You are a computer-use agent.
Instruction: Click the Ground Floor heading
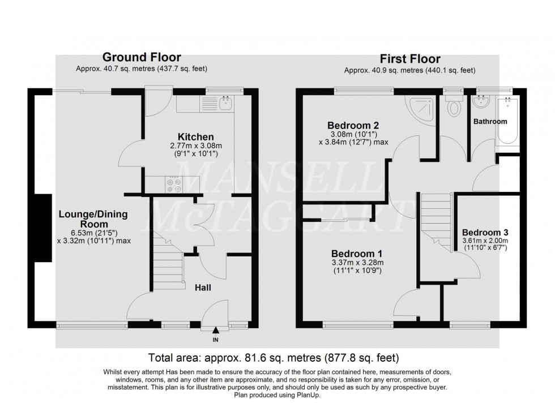pos(142,57)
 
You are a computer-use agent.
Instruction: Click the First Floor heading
pos(409,59)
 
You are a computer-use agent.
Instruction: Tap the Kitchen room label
pos(196,137)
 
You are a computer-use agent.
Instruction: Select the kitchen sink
pos(227,102)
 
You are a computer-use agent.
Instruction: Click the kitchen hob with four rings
pos(173,183)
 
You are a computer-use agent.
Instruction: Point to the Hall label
pos(203,288)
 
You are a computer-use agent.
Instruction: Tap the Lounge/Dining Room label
pos(93,220)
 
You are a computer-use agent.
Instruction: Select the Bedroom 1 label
pos(353,253)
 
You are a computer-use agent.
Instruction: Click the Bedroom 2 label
pos(353,125)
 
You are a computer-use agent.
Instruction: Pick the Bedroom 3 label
pos(485,232)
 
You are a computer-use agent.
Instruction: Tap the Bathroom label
pos(490,122)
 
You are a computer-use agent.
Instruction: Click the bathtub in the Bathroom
pos(507,119)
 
